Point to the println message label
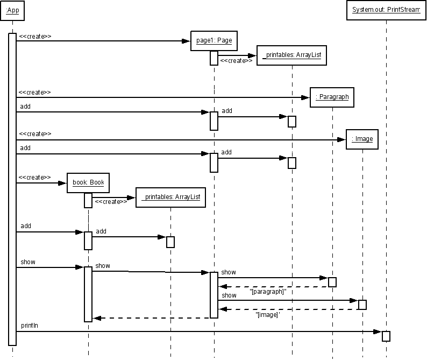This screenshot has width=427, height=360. point(30,326)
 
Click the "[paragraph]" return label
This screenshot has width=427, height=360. point(268,292)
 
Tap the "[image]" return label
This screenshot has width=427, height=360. point(268,315)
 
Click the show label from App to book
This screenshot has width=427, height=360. point(28,262)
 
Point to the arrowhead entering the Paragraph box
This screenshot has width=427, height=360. point(305,97)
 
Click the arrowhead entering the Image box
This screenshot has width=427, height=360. point(341,139)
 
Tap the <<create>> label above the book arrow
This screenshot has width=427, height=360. point(34,178)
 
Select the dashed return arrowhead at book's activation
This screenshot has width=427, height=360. point(97,318)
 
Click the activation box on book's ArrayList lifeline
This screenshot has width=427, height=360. point(170,242)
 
